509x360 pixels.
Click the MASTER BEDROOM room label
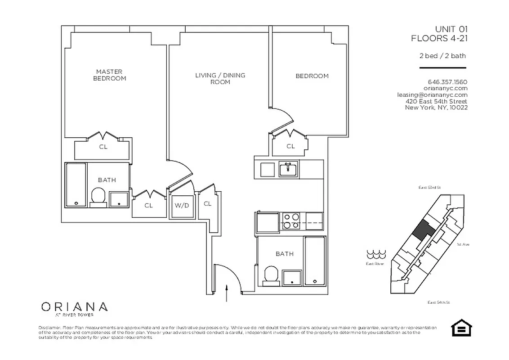click(109, 75)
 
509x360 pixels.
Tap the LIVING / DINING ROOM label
click(220, 78)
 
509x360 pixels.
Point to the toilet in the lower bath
click(271, 275)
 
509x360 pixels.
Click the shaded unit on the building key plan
click(424, 230)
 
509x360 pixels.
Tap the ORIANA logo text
click(74, 307)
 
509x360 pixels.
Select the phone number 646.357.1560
click(447, 82)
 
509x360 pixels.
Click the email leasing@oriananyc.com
click(432, 95)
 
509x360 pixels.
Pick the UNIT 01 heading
click(450, 29)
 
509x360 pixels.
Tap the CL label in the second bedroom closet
click(290, 146)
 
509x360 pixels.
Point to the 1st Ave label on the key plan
click(463, 244)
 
